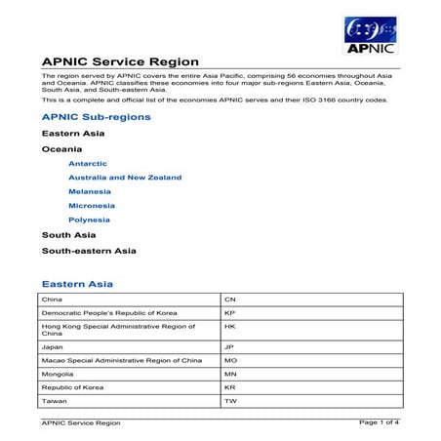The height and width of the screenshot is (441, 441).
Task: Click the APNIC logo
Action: (370, 36)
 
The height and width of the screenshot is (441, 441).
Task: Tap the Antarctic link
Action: (88, 163)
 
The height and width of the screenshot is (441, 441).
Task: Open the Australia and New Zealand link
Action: (125, 178)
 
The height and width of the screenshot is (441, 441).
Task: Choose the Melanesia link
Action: (91, 192)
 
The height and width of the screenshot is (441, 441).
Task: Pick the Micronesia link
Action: (92, 206)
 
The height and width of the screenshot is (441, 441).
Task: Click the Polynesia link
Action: (89, 220)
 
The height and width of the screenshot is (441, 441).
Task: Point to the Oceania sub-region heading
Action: (61, 148)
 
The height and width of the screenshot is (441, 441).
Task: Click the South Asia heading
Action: (68, 234)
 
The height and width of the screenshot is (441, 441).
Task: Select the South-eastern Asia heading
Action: (88, 250)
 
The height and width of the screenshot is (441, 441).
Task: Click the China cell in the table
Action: (51, 299)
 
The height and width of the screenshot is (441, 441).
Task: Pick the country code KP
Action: (230, 312)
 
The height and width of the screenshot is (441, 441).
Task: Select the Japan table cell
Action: (52, 346)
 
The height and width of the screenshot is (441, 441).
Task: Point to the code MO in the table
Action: (231, 360)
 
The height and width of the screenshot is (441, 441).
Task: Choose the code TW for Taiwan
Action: (231, 401)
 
